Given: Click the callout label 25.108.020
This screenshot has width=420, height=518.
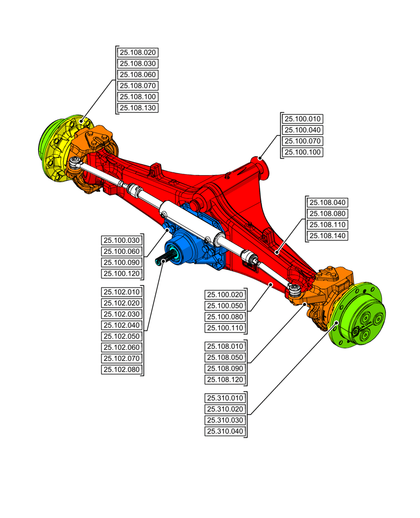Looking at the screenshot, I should tap(138, 52).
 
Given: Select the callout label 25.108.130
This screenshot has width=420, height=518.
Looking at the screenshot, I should tap(138, 108).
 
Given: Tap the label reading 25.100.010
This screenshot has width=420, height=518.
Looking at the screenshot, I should tap(304, 119).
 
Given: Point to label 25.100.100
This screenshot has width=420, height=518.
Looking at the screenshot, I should tap(304, 152).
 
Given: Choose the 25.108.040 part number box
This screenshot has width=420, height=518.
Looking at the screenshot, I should tap(328, 203).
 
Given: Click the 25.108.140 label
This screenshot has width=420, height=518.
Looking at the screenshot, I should tap(328, 236).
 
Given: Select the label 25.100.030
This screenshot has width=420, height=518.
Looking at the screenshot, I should tap(122, 240).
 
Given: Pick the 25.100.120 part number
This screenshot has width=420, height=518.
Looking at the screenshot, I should tap(122, 274).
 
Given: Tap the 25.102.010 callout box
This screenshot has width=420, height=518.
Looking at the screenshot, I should tap(122, 292).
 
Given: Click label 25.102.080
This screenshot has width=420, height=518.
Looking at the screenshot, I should tap(122, 369).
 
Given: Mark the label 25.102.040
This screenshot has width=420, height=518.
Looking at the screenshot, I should tap(122, 325).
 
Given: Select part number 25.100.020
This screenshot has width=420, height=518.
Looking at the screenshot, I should tap(225, 295).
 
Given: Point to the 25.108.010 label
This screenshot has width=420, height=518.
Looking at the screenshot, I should tap(225, 346).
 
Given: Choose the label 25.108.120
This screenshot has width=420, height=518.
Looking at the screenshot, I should tap(225, 380).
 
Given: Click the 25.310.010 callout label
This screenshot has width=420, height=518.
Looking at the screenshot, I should tap(225, 398).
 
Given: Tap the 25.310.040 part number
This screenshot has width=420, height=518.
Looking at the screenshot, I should tap(225, 431).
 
